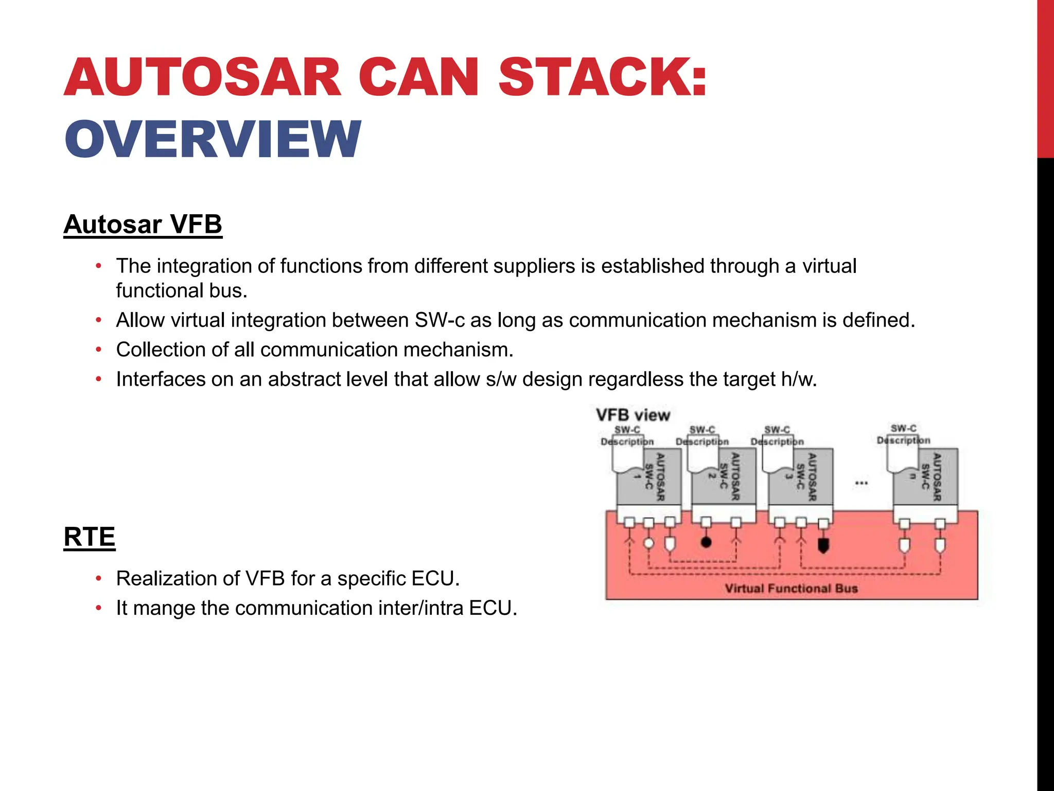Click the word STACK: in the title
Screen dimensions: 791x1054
coord(602,77)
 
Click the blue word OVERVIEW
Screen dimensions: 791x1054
coord(213,139)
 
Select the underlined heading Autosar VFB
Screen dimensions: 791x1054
coord(143,225)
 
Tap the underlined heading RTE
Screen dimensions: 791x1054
coord(89,537)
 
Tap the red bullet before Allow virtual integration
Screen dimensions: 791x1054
coord(99,320)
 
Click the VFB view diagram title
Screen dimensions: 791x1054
coord(633,415)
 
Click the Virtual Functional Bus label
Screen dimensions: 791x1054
coord(791,589)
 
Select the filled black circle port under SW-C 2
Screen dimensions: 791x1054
coord(706,542)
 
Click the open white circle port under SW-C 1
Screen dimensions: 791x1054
coord(649,543)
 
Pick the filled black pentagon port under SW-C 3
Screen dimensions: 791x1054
coord(823,545)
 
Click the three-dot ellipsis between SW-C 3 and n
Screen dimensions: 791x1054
coord(862,483)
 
